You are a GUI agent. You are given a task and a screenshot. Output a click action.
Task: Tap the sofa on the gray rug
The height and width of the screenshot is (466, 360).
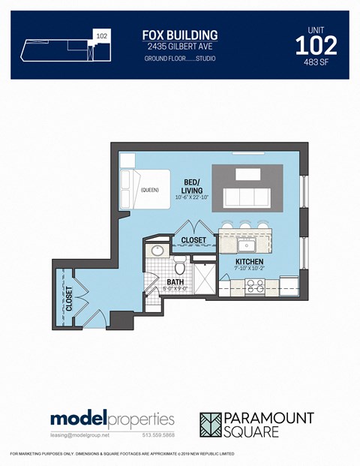(x=247, y=197)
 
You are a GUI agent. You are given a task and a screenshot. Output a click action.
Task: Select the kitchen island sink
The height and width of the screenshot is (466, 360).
(x=247, y=245)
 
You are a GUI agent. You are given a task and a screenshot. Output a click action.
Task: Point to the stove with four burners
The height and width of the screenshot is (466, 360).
(x=255, y=285)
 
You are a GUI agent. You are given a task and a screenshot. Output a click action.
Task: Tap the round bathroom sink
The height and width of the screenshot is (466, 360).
(x=157, y=251)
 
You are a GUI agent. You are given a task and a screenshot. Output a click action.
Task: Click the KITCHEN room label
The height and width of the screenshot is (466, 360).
(x=247, y=261)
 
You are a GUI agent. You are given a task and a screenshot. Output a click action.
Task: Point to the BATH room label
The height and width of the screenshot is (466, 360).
(x=175, y=283)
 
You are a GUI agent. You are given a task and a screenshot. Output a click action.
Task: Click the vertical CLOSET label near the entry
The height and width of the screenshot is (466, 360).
(x=69, y=298)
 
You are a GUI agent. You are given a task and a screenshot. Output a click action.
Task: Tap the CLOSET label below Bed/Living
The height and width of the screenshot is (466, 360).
(x=193, y=240)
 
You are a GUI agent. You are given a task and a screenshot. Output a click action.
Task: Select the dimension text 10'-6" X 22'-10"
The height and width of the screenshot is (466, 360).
(x=191, y=197)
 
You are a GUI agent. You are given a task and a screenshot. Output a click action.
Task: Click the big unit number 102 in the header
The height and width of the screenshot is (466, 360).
(x=316, y=46)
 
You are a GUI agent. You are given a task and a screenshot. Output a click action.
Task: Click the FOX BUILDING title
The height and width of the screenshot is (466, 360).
(x=180, y=35)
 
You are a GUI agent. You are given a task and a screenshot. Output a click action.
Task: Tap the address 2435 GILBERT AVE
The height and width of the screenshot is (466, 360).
(x=180, y=47)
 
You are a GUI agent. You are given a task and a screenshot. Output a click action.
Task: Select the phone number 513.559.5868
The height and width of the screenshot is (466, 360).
(x=158, y=435)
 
